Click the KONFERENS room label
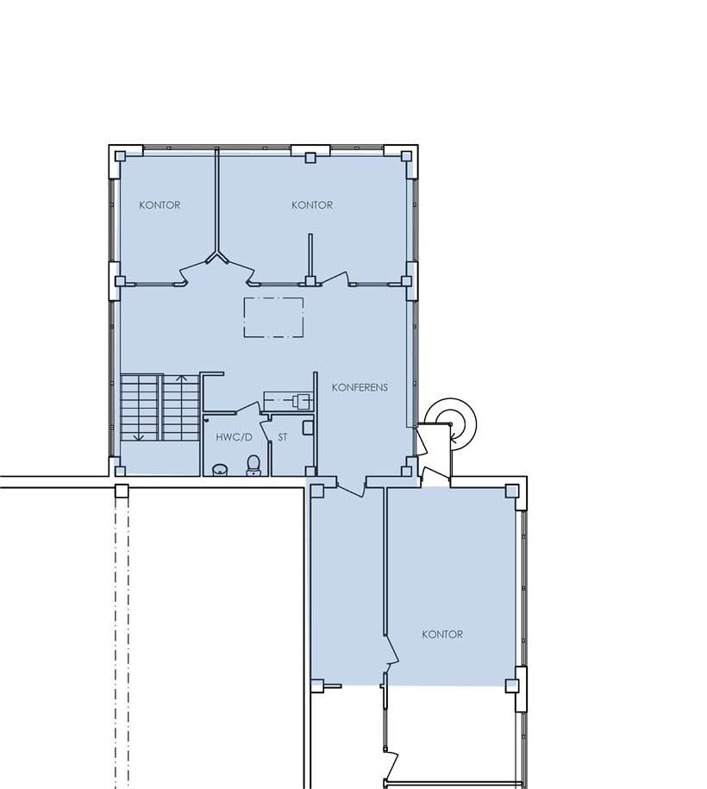(x=360, y=387)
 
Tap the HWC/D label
(x=234, y=437)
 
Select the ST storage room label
(x=283, y=437)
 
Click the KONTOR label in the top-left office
(x=160, y=205)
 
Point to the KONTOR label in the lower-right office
(x=442, y=635)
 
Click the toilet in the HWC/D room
(x=253, y=465)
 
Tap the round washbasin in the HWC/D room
(x=219, y=470)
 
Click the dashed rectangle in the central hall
(x=273, y=317)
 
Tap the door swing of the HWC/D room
(x=247, y=409)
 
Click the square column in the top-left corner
(x=120, y=156)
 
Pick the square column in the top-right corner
(x=405, y=156)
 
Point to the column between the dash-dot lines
(x=122, y=491)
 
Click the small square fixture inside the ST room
(x=308, y=428)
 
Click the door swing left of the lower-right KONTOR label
(x=391, y=652)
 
